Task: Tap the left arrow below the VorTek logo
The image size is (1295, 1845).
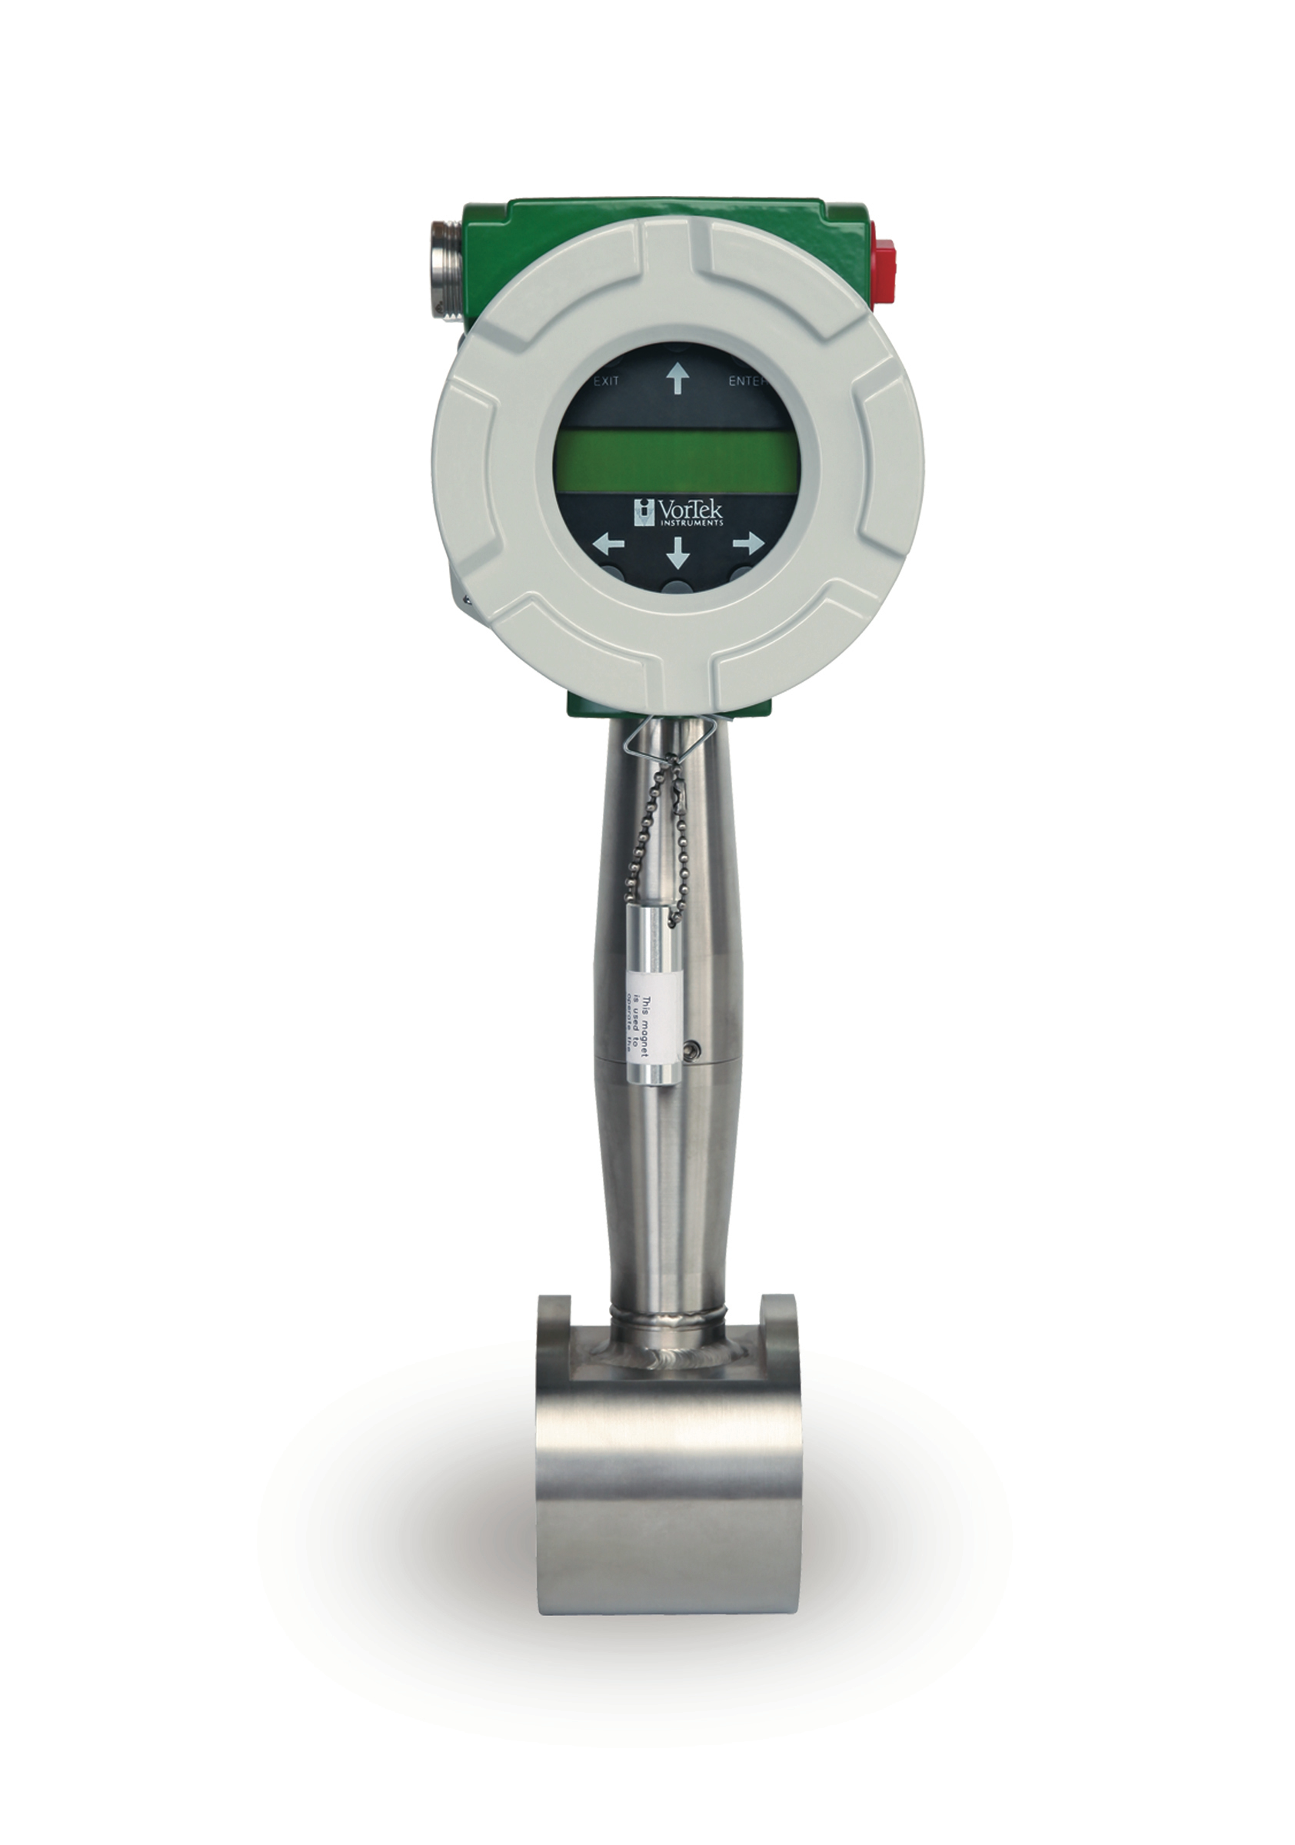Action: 608,544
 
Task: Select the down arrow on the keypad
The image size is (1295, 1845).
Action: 677,551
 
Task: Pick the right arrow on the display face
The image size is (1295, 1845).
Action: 747,544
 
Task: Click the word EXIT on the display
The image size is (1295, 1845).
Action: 606,381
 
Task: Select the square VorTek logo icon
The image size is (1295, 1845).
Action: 644,511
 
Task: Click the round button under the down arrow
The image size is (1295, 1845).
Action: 677,587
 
